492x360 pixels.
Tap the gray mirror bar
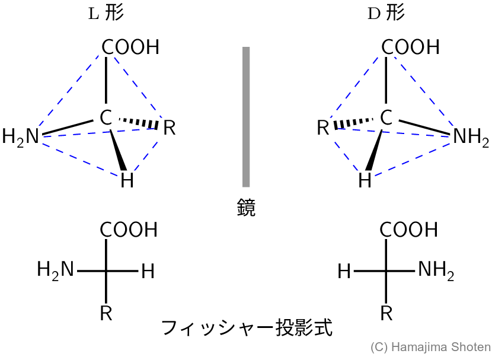(x=245, y=117)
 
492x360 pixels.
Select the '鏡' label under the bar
(x=245, y=208)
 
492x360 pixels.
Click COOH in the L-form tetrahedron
(x=130, y=47)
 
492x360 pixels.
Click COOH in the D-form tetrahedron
(x=410, y=47)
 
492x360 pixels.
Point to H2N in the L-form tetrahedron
(x=20, y=137)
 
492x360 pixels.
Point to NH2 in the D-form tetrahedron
(x=471, y=138)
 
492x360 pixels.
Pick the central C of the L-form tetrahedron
(x=106, y=118)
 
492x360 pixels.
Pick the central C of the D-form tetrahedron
(x=386, y=118)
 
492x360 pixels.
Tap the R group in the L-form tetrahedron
(x=170, y=128)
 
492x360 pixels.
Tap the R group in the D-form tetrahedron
(x=323, y=128)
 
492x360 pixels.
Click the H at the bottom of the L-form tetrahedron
(x=127, y=180)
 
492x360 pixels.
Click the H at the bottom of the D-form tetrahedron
(x=365, y=180)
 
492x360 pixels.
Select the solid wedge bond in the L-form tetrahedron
(x=119, y=151)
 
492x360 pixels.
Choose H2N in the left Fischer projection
(x=56, y=270)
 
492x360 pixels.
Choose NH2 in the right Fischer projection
(x=436, y=271)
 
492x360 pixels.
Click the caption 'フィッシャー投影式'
(x=246, y=327)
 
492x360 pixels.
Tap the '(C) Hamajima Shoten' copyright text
(x=430, y=348)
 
